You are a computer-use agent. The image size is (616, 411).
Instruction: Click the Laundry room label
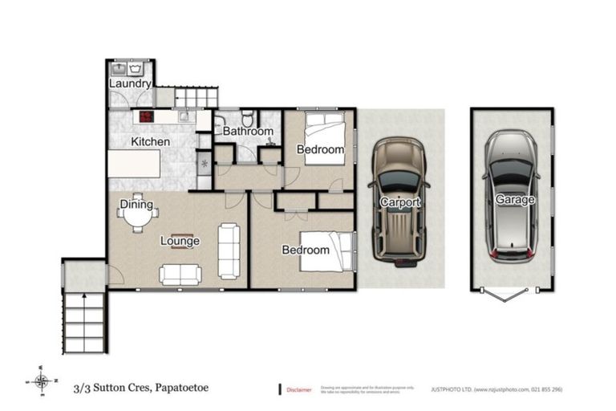[129, 83]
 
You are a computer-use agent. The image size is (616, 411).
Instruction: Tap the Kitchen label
[150, 142]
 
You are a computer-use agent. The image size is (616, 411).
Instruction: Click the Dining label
[136, 205]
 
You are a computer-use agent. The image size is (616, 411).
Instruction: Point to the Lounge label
[180, 241]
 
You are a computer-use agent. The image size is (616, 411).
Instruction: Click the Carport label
[399, 202]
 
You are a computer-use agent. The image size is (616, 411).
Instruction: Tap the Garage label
[514, 200]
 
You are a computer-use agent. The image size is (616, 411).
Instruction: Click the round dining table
[138, 217]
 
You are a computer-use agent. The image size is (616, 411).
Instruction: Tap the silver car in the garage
[513, 197]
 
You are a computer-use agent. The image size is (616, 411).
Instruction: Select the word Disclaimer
[299, 389]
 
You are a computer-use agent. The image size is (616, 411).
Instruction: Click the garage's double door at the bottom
[513, 295]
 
